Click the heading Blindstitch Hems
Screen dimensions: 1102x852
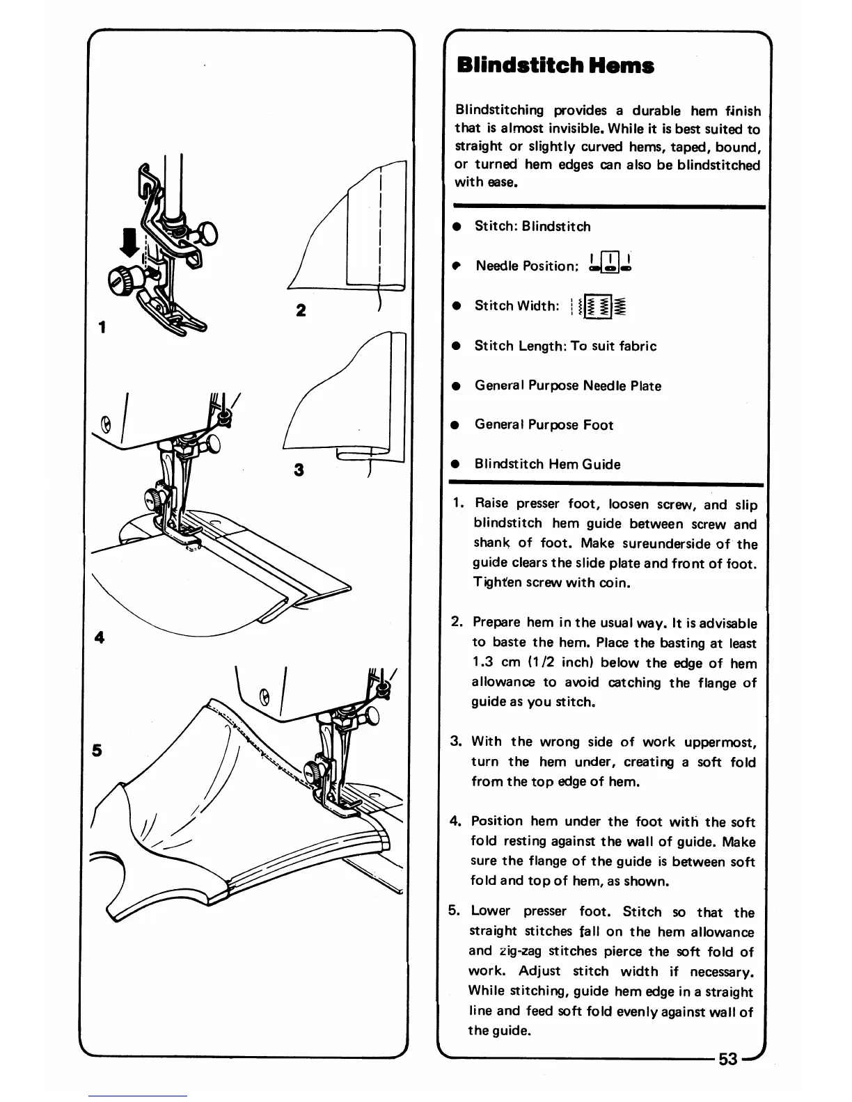click(x=555, y=66)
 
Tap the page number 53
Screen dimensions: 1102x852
click(x=728, y=1059)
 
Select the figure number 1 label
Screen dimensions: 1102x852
click(x=102, y=327)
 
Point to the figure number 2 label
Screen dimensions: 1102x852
click(x=300, y=310)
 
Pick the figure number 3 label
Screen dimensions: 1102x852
click(x=299, y=470)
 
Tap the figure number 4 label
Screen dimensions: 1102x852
click(x=100, y=637)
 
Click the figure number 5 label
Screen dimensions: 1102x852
click(x=97, y=751)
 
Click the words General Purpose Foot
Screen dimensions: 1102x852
click(x=544, y=425)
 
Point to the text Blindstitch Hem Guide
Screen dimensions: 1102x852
click(x=547, y=465)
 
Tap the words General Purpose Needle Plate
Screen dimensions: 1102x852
click(x=567, y=385)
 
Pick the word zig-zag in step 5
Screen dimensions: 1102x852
click(x=518, y=951)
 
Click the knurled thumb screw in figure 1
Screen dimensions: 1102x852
click(x=118, y=280)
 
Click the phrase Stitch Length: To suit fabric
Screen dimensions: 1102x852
click(x=565, y=346)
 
